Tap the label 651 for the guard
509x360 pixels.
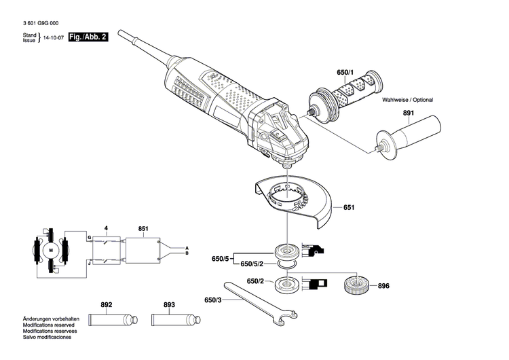point(348,207)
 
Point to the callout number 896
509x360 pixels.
point(384,286)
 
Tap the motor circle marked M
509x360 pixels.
point(50,251)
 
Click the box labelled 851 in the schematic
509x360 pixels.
point(140,249)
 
